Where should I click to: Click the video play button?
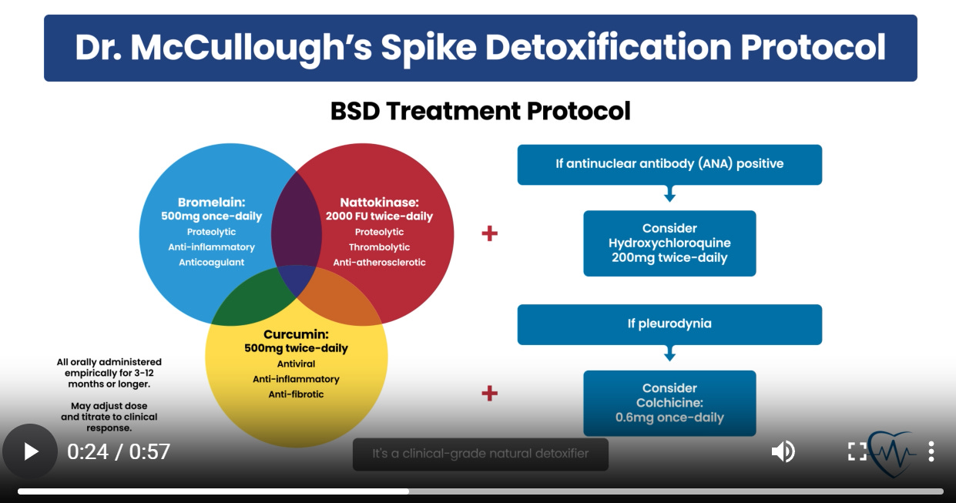(x=30, y=451)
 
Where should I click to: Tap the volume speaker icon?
(x=783, y=451)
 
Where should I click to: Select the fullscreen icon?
(x=857, y=451)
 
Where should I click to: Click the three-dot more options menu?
(x=931, y=451)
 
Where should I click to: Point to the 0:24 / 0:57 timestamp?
(x=119, y=451)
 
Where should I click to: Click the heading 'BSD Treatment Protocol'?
(x=480, y=111)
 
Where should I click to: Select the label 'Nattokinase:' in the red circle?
(x=379, y=203)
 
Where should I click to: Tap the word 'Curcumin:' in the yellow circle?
(x=296, y=334)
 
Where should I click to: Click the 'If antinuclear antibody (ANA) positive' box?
(x=669, y=164)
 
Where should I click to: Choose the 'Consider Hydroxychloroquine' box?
(x=669, y=243)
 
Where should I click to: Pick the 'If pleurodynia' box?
(x=669, y=324)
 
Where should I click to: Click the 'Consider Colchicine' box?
(x=669, y=403)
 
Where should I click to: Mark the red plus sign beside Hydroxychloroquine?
(x=489, y=233)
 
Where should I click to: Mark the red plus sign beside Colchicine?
(x=489, y=394)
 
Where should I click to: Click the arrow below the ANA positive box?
(x=669, y=196)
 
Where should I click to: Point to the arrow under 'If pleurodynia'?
(x=669, y=355)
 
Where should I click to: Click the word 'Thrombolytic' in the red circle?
(x=379, y=247)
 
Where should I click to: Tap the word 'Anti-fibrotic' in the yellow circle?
(x=296, y=394)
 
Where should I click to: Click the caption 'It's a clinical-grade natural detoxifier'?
(x=480, y=454)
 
